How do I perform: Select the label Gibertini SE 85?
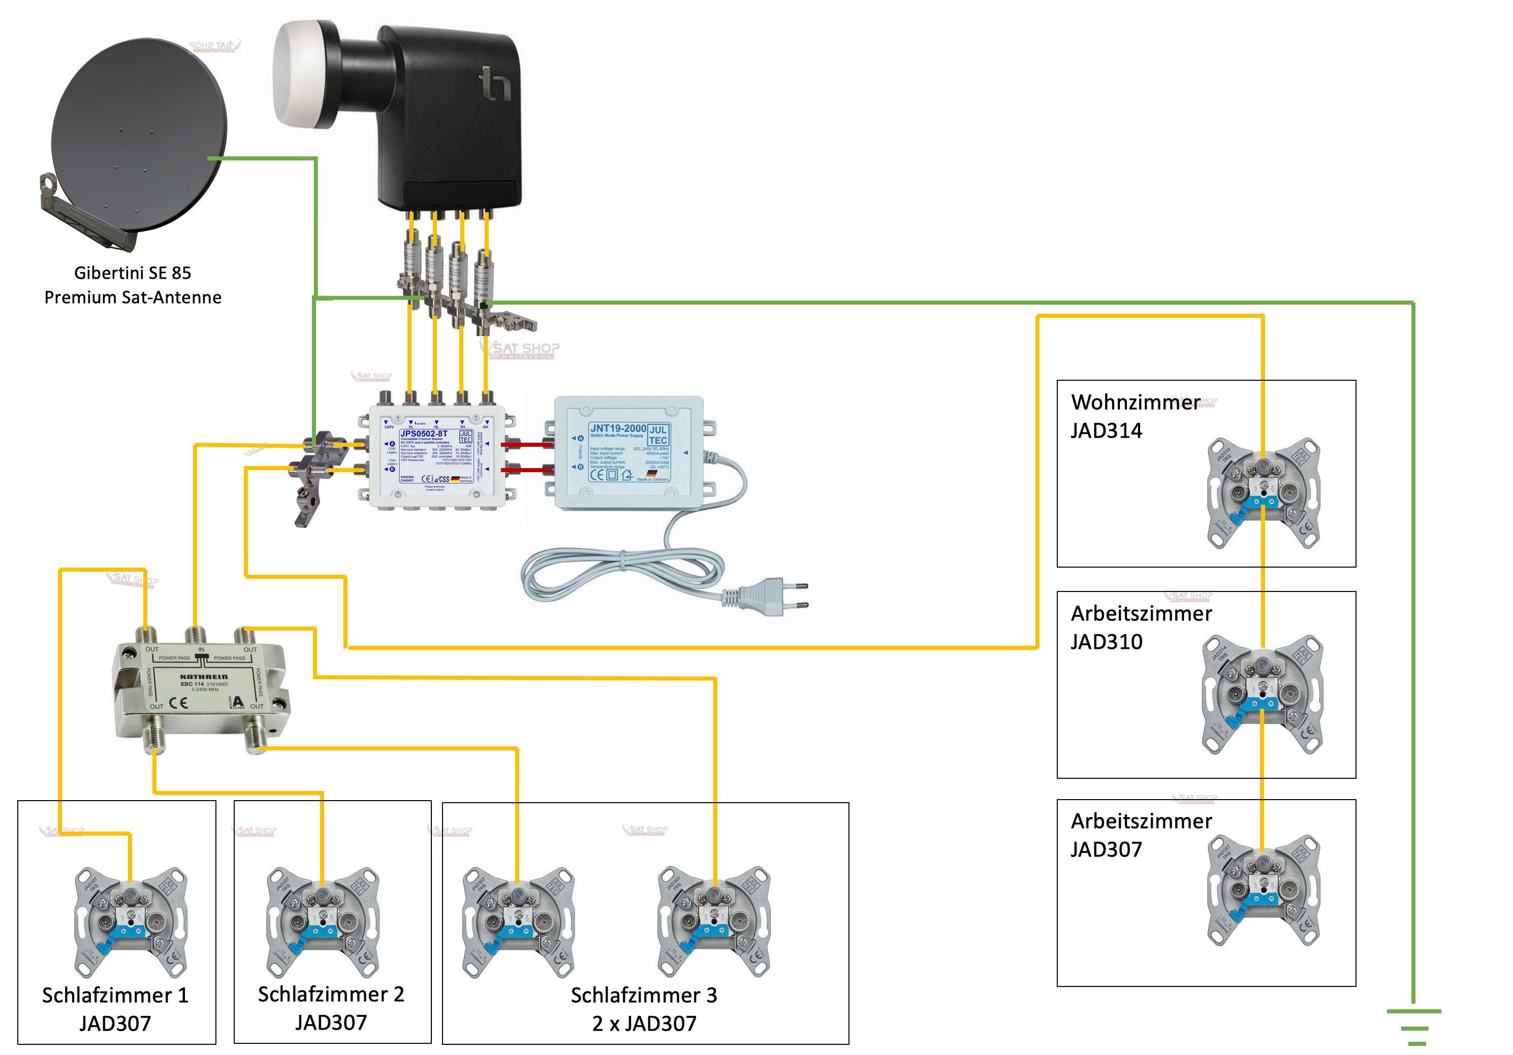coord(133,273)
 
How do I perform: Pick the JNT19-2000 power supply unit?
coord(629,452)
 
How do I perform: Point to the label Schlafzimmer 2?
coord(331,994)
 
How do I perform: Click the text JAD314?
coord(1106,431)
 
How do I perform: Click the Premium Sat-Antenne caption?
coord(133,298)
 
